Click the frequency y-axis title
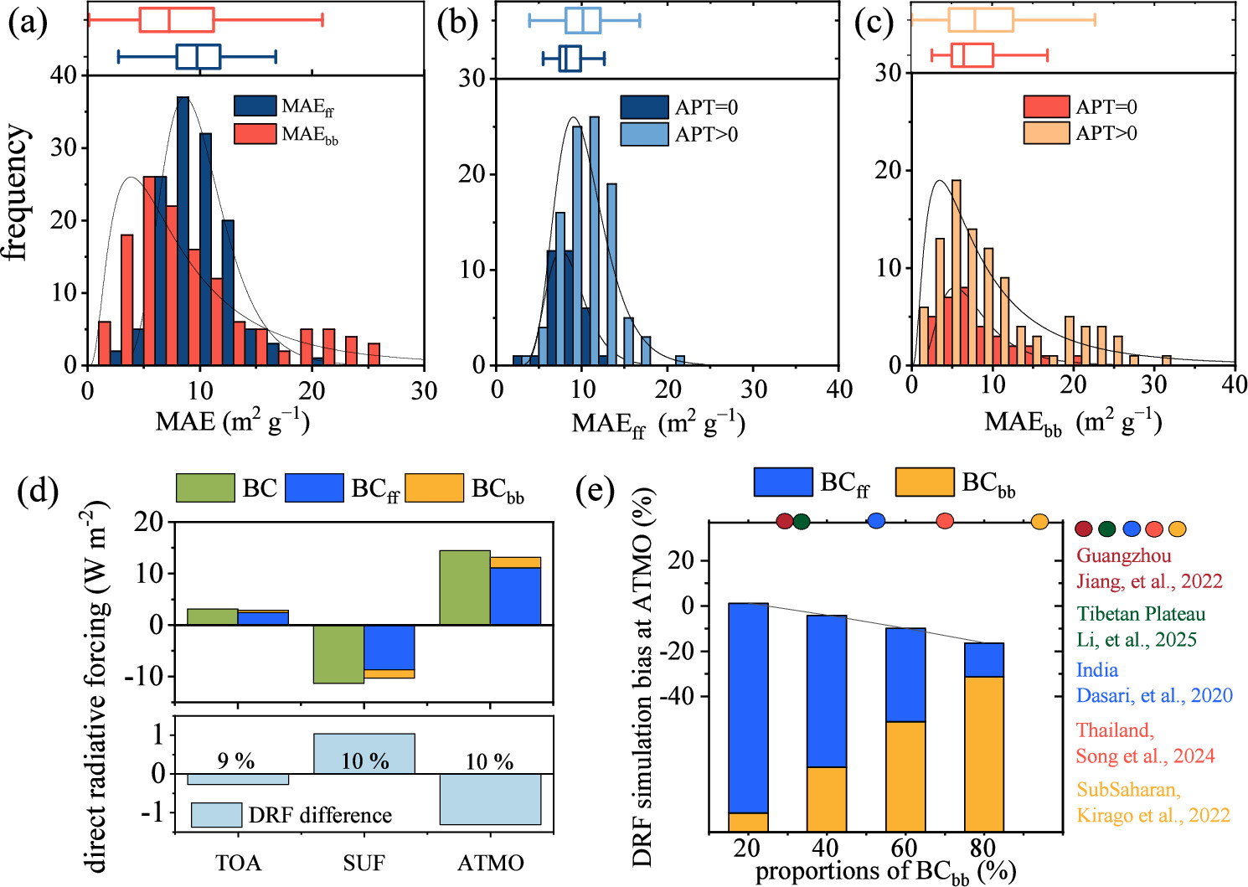click(17, 193)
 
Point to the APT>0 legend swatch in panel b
click(644, 134)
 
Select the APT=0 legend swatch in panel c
click(1046, 106)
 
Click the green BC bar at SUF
click(338, 654)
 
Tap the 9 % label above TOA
click(237, 761)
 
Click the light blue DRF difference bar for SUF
click(364, 754)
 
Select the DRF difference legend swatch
click(216, 815)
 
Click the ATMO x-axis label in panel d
click(490, 863)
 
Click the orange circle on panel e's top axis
click(1039, 521)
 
